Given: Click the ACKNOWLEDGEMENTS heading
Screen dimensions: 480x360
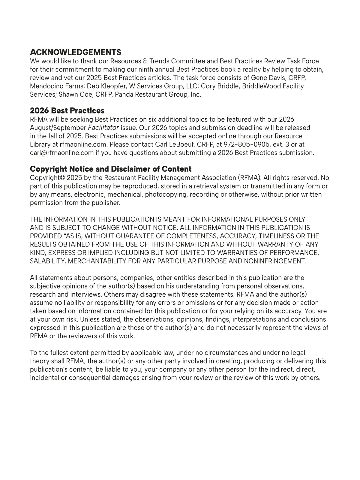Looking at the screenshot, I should (76, 52).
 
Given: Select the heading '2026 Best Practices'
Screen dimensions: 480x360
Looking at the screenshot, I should (67, 110).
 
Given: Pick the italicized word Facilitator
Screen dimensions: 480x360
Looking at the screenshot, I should (103, 128).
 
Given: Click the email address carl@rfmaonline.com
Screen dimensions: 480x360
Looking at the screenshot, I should (62, 153).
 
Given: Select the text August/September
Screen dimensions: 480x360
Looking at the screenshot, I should (58, 128).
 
